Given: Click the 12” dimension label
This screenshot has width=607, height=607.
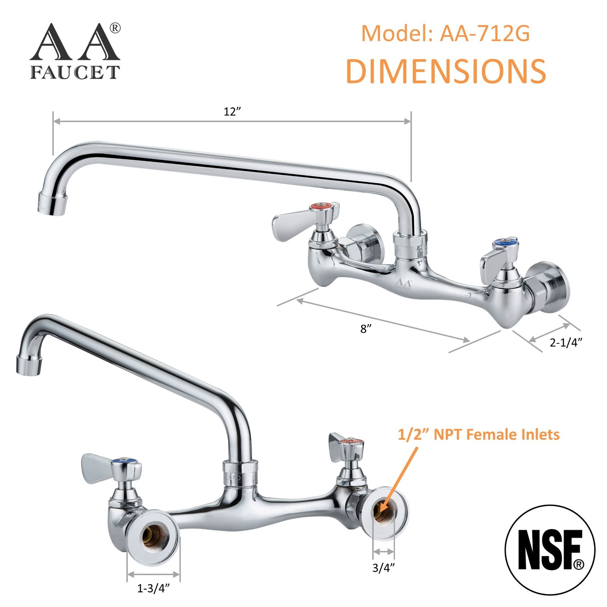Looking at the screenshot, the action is click(232, 112).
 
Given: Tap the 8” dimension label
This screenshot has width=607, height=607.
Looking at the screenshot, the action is click(365, 329).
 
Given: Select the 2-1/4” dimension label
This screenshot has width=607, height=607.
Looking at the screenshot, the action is click(566, 343).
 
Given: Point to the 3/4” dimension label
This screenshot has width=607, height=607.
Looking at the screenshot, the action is click(384, 568).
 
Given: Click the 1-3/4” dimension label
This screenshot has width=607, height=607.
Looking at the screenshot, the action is click(153, 588).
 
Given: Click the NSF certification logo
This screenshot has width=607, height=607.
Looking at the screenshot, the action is click(550, 550).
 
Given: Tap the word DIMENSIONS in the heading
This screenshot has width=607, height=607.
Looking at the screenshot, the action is click(446, 71).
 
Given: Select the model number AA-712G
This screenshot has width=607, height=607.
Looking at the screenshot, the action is click(485, 34).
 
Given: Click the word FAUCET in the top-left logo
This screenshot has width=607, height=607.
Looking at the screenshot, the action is click(75, 72).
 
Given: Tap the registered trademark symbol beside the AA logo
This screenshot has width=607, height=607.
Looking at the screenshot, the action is click(115, 28).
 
